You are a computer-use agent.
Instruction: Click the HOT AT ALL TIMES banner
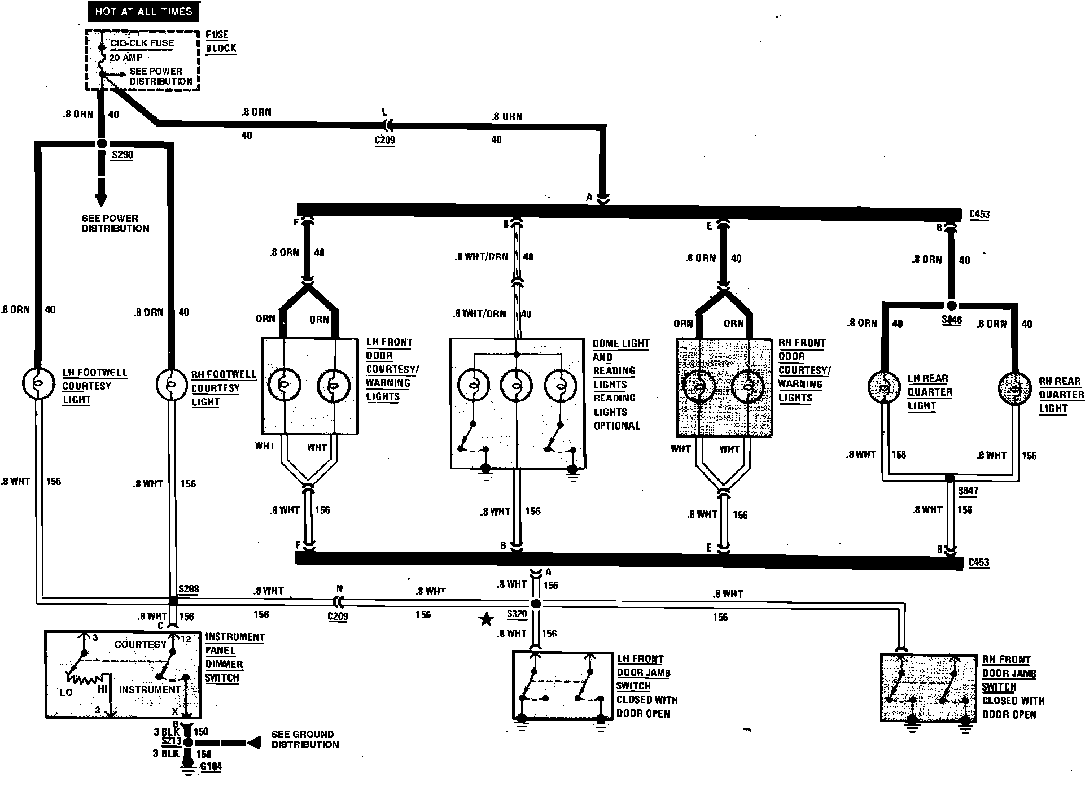(x=143, y=11)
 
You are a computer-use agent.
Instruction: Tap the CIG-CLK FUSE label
(x=142, y=43)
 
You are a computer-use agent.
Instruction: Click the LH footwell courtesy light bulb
(x=37, y=383)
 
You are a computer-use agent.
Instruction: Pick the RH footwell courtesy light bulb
(x=170, y=385)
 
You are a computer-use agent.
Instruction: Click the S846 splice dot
(x=951, y=305)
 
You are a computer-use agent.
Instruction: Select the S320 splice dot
(x=536, y=604)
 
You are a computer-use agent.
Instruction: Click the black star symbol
(x=485, y=620)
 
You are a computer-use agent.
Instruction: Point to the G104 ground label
(x=211, y=767)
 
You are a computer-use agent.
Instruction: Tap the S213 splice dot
(x=189, y=743)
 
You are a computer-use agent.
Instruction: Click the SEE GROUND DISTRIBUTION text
(x=305, y=739)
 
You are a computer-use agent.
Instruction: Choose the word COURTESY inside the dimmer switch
(x=141, y=644)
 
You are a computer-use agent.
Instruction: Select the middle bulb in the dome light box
(x=516, y=386)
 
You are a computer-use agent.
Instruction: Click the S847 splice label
(x=968, y=491)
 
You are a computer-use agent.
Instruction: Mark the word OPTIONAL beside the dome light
(x=616, y=426)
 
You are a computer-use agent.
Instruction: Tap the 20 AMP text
(x=126, y=58)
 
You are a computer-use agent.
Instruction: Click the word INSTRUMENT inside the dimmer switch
(x=150, y=689)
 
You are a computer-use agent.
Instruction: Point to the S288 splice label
(x=189, y=589)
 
